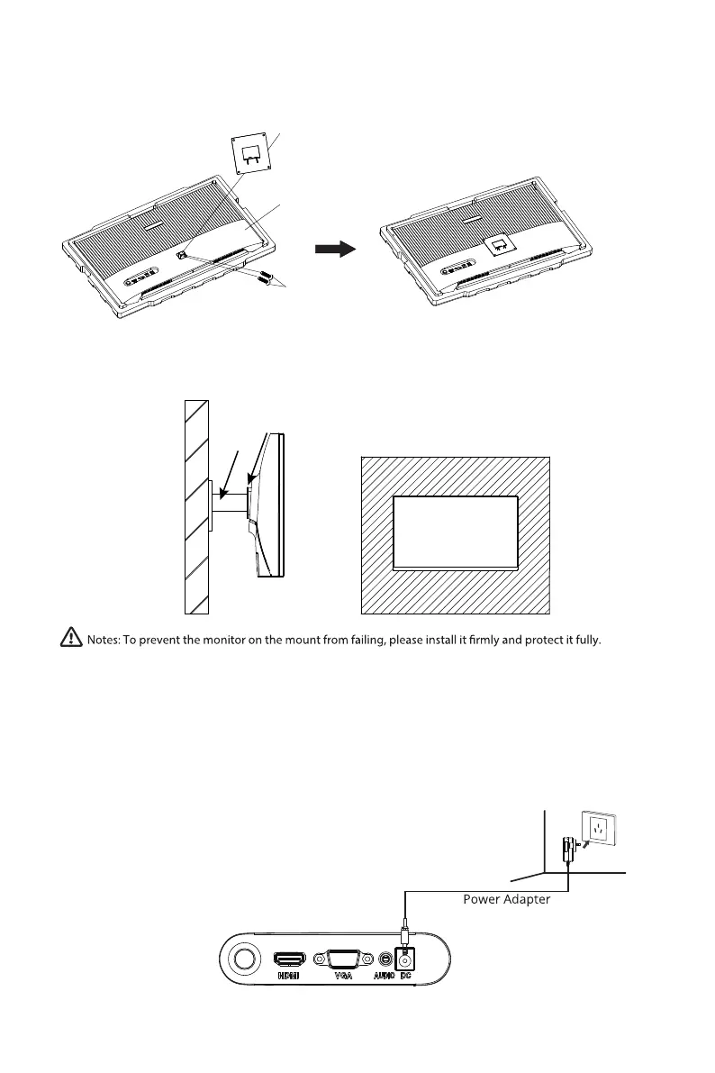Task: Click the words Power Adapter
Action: tap(506, 899)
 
